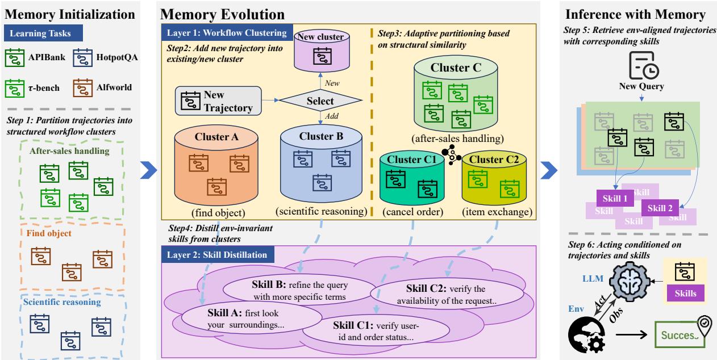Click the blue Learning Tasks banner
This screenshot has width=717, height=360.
click(x=43, y=34)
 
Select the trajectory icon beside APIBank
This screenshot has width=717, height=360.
click(x=15, y=57)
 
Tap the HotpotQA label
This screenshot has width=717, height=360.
click(x=117, y=57)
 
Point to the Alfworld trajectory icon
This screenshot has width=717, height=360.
click(x=82, y=87)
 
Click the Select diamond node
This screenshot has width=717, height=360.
click(x=320, y=101)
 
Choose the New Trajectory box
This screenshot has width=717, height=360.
click(x=218, y=101)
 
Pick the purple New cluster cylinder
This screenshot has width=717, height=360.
click(x=322, y=51)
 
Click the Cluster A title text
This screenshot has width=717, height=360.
click(x=216, y=137)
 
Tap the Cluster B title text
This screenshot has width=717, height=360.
click(x=321, y=136)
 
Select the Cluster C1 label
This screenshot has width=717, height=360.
click(x=412, y=160)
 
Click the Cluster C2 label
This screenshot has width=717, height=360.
click(x=494, y=160)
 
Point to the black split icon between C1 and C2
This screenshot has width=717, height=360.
click(x=451, y=155)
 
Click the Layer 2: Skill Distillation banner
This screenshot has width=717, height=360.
click(x=218, y=255)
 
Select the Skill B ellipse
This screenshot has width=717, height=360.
click(x=299, y=290)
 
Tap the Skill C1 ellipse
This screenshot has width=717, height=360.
click(x=376, y=331)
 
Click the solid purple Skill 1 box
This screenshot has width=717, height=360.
click(x=615, y=198)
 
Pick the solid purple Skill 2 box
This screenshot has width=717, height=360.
click(x=660, y=208)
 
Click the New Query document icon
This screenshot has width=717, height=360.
click(x=643, y=66)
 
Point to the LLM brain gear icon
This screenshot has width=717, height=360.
click(x=630, y=282)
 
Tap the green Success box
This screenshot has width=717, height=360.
click(x=680, y=334)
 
